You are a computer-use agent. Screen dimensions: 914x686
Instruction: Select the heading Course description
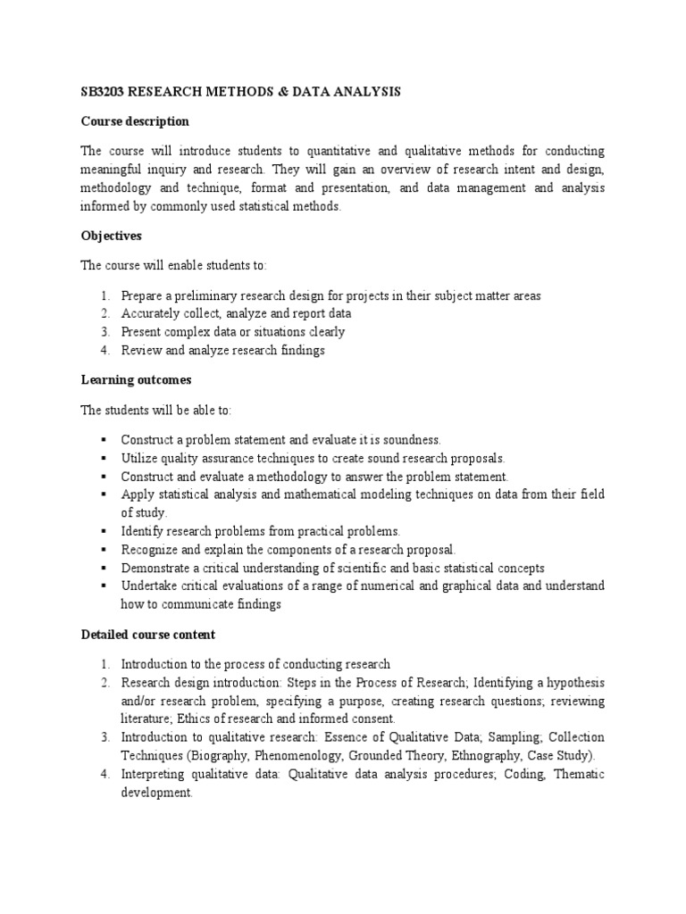(135, 120)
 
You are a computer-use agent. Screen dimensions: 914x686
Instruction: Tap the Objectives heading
(112, 237)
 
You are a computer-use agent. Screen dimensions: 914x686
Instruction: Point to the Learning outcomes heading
(136, 380)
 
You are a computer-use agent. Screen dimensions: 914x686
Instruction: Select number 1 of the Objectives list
(105, 295)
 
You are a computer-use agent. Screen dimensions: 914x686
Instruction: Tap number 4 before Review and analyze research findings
(105, 351)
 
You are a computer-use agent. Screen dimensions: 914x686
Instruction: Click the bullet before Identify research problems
(105, 531)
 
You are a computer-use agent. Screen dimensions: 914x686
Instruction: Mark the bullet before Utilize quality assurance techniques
(105, 458)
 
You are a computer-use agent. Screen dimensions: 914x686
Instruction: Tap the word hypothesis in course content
(573, 683)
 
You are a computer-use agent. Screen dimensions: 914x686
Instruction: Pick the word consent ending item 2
(373, 719)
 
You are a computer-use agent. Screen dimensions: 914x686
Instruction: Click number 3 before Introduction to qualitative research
(105, 737)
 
